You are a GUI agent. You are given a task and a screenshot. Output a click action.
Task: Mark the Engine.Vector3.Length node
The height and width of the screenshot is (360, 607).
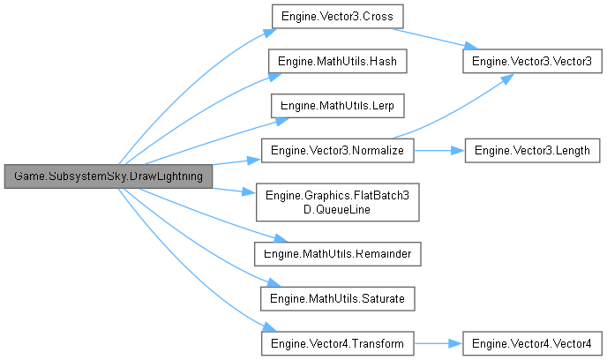coord(532,151)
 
